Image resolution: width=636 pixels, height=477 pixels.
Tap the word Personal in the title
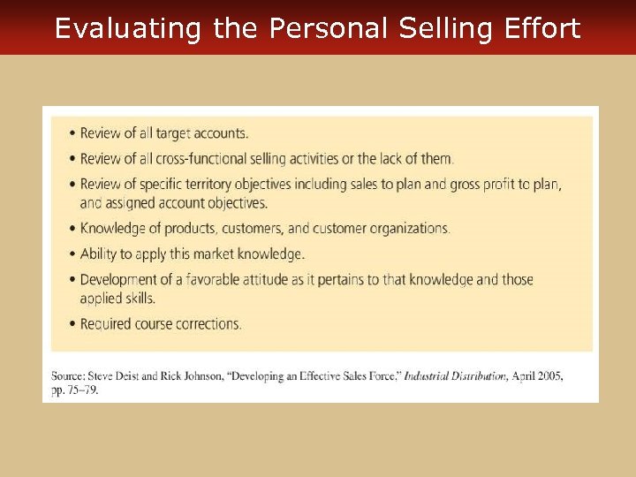point(329,28)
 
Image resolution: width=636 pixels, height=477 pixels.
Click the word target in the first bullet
point(176,133)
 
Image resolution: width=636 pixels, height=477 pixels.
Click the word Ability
point(98,254)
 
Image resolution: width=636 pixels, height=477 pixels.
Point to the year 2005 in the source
point(549,376)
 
